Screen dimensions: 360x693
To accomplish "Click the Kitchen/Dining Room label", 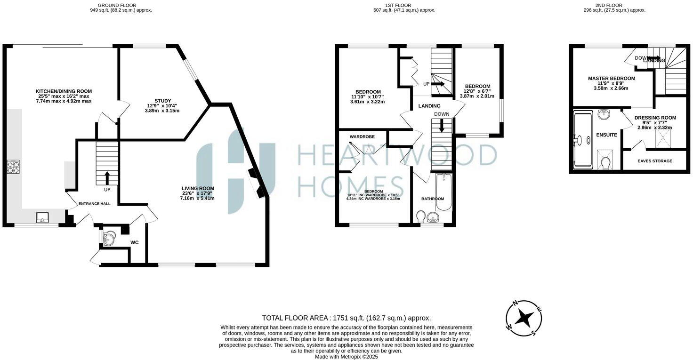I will [x=64, y=91].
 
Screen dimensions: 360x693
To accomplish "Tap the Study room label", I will [x=162, y=101].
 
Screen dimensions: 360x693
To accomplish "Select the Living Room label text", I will [x=198, y=188].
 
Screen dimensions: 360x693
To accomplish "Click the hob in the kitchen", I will [x=13, y=167].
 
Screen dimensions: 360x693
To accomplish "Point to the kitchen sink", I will [x=42, y=217].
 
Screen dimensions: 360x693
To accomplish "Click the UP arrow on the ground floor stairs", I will [x=107, y=178].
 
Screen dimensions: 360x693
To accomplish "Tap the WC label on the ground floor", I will [x=135, y=243].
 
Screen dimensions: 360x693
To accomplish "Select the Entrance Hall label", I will [x=95, y=203].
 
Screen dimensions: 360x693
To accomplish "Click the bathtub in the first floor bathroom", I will [x=443, y=192].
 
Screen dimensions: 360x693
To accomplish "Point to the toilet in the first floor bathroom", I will [x=421, y=216].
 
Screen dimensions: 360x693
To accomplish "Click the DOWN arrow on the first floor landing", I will [x=442, y=126].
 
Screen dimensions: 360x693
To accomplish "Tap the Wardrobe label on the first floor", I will [x=362, y=136].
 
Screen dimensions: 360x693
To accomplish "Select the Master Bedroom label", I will [x=611, y=78].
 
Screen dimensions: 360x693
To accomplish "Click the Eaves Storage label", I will [x=654, y=161].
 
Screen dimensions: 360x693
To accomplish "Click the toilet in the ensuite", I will [x=606, y=162].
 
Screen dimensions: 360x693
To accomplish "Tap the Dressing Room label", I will [x=655, y=118].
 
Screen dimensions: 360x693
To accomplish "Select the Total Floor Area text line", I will [x=346, y=318].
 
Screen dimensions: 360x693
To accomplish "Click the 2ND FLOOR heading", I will [x=608, y=5].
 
